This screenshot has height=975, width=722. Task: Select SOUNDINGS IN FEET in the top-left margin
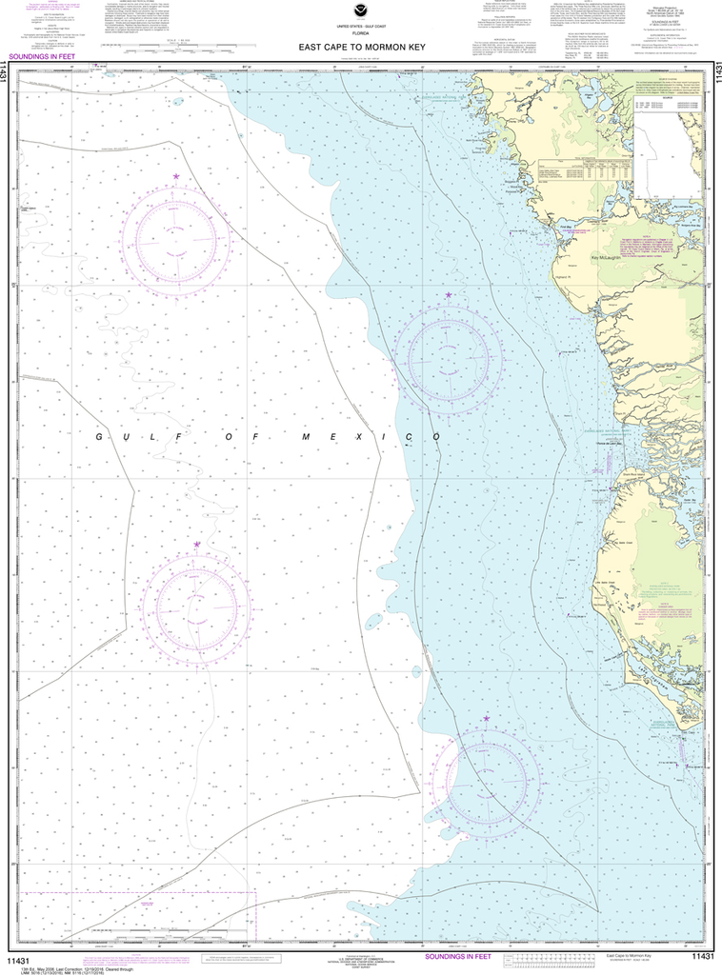tap(42, 57)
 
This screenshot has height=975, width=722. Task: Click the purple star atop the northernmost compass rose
tap(176, 176)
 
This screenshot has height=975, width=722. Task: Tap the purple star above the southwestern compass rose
tap(197, 545)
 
